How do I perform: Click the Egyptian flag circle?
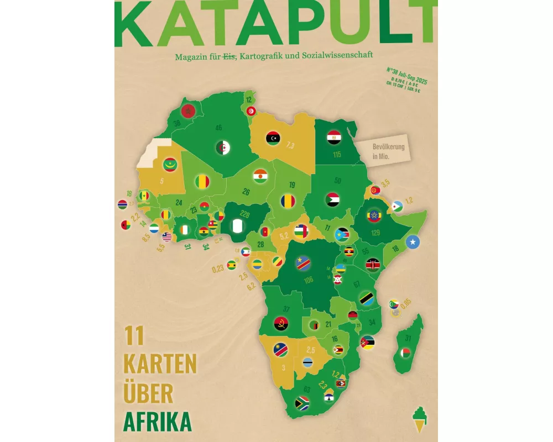[333, 137]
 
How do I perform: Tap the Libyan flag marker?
[273, 137]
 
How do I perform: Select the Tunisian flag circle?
[251, 111]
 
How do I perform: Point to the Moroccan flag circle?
[188, 110]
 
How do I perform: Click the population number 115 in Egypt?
[337, 155]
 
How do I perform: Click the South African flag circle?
[301, 403]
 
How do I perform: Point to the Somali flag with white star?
[413, 242]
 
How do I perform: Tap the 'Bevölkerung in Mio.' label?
[388, 151]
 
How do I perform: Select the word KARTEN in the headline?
[160, 364]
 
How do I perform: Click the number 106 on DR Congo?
[308, 280]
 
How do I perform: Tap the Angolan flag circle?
[281, 324]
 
